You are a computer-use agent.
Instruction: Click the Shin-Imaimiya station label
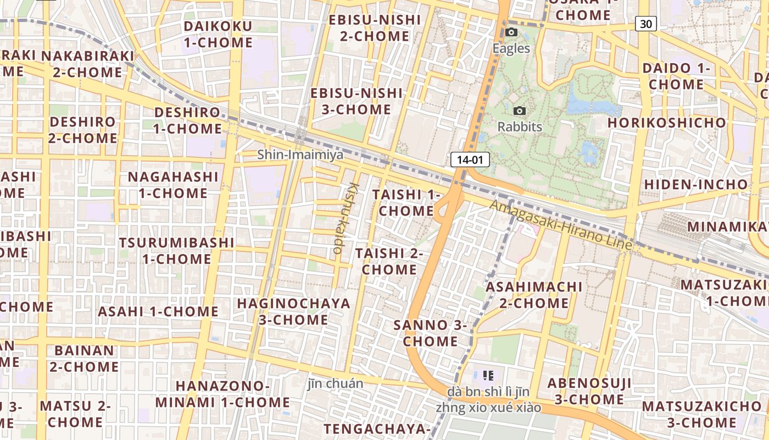300,155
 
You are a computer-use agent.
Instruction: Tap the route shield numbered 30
647,24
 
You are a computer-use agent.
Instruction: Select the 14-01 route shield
470,160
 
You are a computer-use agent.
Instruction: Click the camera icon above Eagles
511,32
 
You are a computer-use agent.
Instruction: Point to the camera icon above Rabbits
519,111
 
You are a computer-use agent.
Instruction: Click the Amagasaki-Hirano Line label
561,226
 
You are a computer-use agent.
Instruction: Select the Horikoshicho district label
667,123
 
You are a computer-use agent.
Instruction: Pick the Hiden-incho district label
696,184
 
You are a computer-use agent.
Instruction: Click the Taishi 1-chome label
406,203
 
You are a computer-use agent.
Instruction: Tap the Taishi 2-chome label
389,261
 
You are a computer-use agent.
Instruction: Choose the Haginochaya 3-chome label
293,311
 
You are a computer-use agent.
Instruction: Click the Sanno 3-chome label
431,333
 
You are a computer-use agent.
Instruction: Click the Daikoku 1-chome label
218,34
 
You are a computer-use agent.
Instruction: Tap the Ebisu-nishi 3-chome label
356,101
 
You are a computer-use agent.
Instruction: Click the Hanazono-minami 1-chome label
222,394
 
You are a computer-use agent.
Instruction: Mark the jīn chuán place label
336,383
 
